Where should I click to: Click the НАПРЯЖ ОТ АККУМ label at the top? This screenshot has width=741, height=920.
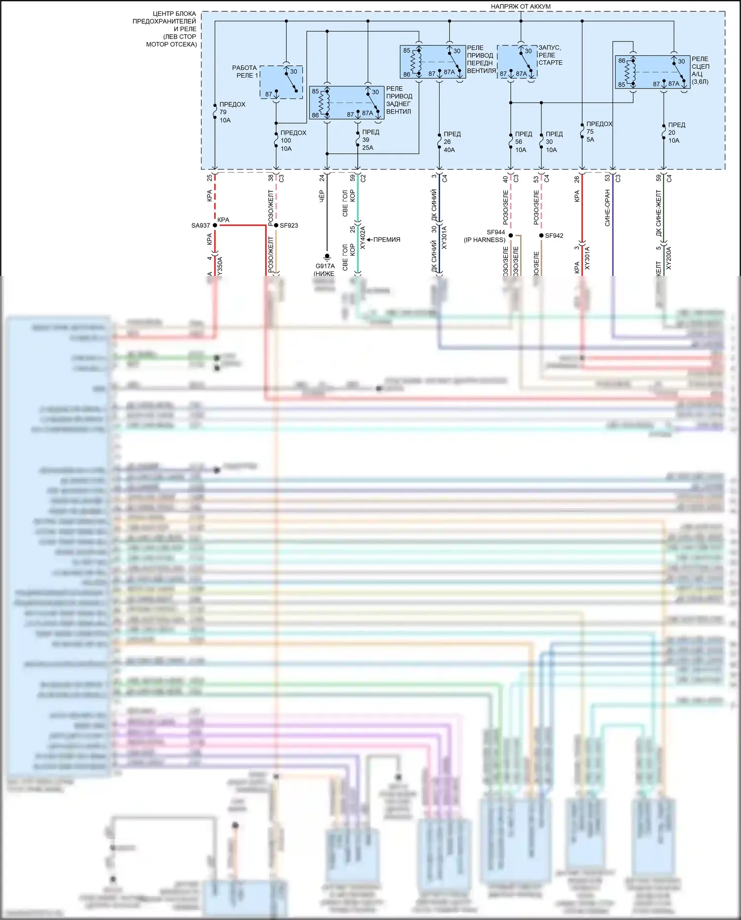pos(520,6)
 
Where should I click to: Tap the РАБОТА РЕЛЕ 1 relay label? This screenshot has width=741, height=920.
pos(245,72)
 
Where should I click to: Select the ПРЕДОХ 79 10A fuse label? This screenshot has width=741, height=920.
pos(232,112)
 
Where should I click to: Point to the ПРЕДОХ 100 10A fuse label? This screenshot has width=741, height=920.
pos(293,140)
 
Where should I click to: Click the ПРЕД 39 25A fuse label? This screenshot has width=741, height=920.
pos(370,140)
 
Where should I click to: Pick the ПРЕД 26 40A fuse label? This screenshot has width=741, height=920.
pos(451,142)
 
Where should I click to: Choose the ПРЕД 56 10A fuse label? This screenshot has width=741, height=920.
pos(523,142)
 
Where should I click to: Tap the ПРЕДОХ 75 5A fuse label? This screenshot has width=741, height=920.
pos(598,131)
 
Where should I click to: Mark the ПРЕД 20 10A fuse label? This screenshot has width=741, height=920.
pos(676,132)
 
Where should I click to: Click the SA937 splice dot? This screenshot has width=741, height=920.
pos(215,225)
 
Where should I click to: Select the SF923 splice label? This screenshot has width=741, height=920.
pos(289,225)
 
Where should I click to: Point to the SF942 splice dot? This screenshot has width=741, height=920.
pos(541,236)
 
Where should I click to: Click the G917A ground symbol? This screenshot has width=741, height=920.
pos(327,257)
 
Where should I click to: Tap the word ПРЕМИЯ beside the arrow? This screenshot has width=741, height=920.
pos(387,240)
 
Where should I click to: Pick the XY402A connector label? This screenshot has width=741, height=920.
pos(363,237)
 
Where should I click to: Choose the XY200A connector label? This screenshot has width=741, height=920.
pos(669,258)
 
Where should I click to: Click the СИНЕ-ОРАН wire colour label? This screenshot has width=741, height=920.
pos(607,208)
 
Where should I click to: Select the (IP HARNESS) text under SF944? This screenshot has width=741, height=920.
pos(484,240)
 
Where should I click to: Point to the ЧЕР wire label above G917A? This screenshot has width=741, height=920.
pos(322,196)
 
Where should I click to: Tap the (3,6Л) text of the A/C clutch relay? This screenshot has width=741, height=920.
pos(700,82)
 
